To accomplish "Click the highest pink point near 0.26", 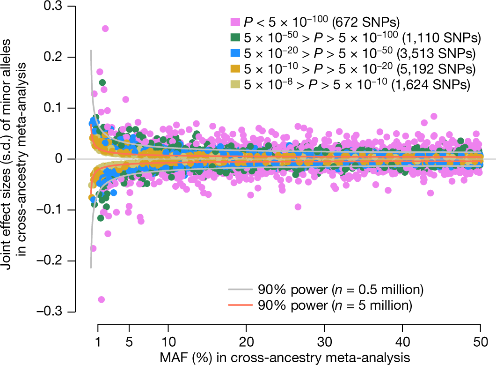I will click(x=105, y=29).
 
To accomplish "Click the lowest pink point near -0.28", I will click(x=101, y=299).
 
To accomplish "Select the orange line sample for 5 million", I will click(x=240, y=305).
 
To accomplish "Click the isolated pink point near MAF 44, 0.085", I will click(x=434, y=116).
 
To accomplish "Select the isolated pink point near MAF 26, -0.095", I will click(x=298, y=207).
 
